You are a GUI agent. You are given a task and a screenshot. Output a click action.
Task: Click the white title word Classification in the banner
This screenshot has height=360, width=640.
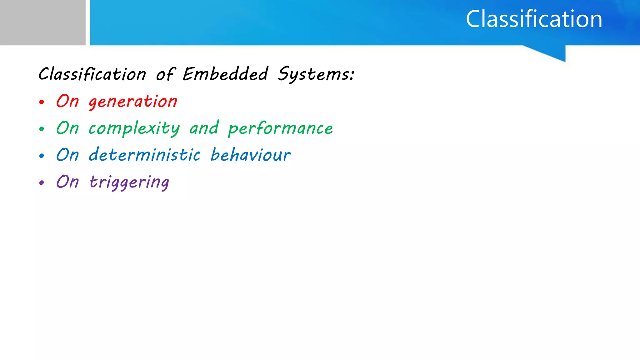534,19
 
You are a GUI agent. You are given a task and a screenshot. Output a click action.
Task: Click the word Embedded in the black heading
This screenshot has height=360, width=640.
225,74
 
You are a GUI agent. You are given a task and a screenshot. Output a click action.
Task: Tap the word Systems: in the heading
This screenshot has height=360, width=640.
316,75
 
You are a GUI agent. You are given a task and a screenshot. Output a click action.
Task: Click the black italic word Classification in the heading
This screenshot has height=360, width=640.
92,74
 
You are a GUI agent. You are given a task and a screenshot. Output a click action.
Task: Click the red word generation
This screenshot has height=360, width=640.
133,102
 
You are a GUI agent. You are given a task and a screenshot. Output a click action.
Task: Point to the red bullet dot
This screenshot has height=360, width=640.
42,102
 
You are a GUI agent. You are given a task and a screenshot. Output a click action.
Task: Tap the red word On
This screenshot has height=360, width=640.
67,101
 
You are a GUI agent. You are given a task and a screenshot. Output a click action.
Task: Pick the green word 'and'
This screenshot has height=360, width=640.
204,128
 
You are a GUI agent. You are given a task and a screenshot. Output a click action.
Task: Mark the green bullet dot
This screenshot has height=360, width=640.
42,129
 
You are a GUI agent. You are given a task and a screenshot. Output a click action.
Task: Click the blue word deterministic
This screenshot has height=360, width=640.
144,155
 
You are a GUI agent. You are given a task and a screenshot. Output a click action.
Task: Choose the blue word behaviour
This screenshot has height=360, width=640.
251,155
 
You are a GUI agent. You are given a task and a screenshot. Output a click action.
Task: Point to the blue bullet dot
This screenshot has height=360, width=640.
42,156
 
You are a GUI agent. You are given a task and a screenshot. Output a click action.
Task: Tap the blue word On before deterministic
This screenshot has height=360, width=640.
67,155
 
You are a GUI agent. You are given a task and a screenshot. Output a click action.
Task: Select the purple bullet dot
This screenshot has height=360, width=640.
42,182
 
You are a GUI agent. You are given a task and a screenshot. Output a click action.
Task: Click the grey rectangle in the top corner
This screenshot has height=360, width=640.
42,22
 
